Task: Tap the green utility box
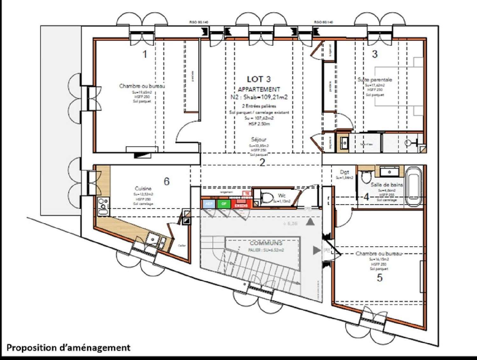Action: [x=224, y=204]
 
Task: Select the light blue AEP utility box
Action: [x=209, y=204]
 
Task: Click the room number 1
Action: [x=145, y=54]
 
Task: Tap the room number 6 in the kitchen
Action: [x=167, y=181]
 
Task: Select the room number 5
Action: [x=380, y=278]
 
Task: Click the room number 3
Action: [x=375, y=54]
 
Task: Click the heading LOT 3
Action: [x=259, y=79]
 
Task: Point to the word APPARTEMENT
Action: [x=259, y=90]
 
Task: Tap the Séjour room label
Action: [x=259, y=139]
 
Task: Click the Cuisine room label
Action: [x=143, y=188]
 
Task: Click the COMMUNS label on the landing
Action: [x=266, y=243]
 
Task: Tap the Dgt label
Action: [x=344, y=172]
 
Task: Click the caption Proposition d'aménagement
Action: [x=68, y=348]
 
